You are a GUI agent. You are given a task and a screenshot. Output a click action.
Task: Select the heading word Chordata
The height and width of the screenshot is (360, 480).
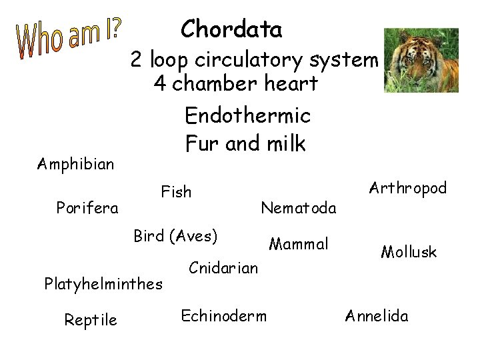pyautogui.click(x=231, y=29)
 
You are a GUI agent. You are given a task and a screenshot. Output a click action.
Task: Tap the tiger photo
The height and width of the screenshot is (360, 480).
pyautogui.click(x=421, y=60)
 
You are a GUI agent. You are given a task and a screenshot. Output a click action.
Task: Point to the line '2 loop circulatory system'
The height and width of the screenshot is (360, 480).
pyautogui.click(x=254, y=60)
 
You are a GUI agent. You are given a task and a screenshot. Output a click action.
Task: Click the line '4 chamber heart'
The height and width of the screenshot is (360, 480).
pyautogui.click(x=235, y=85)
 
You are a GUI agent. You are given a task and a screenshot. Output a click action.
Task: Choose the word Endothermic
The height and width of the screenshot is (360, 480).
pyautogui.click(x=247, y=116)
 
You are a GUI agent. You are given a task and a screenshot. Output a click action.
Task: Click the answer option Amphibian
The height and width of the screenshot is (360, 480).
pyautogui.click(x=75, y=163)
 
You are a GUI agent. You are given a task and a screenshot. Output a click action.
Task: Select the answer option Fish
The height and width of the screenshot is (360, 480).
pyautogui.click(x=176, y=193)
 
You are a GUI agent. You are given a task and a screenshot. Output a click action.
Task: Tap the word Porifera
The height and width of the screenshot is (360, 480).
pyautogui.click(x=87, y=208)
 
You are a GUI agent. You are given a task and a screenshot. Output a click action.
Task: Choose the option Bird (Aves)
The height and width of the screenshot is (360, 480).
pyautogui.click(x=176, y=236)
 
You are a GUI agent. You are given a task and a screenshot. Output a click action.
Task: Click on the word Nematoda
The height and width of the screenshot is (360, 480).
pyautogui.click(x=299, y=208)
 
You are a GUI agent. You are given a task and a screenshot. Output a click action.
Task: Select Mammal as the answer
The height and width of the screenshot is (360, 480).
pyautogui.click(x=299, y=244)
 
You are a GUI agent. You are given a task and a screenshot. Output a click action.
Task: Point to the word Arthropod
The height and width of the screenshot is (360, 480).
pyautogui.click(x=407, y=189)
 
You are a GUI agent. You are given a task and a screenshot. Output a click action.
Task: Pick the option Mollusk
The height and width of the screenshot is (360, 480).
pyautogui.click(x=409, y=252)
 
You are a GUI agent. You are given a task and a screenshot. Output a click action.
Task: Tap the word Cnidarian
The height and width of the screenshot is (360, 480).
pyautogui.click(x=223, y=268)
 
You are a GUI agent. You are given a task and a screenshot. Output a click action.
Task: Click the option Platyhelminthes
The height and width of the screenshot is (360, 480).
pyautogui.click(x=103, y=284)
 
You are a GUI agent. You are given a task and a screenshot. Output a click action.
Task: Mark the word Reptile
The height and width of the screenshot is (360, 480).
pyautogui.click(x=91, y=320)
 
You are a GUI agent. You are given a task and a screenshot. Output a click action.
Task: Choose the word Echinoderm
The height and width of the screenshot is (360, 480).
pyautogui.click(x=224, y=315)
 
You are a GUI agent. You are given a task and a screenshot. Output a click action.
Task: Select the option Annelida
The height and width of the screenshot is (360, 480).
pyautogui.click(x=377, y=315)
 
